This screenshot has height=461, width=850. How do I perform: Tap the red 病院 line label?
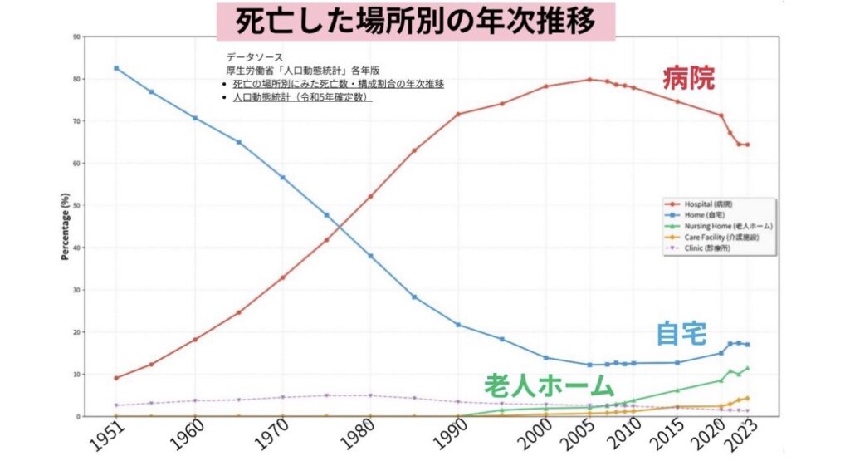(688, 79)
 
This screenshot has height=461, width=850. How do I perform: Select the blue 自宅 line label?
(681, 333)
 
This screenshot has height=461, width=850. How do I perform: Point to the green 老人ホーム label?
(550, 386)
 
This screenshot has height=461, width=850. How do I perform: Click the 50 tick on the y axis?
(76, 205)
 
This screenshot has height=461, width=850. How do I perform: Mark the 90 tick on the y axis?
(76, 37)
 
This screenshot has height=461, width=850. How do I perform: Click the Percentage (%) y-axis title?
(65, 226)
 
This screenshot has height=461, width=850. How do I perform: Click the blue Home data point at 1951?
(116, 68)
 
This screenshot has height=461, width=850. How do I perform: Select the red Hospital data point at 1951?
(116, 378)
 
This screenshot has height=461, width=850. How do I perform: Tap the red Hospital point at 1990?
(457, 114)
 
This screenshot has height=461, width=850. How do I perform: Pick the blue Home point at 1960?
(195, 118)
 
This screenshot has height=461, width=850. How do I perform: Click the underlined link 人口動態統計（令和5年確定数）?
(302, 97)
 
